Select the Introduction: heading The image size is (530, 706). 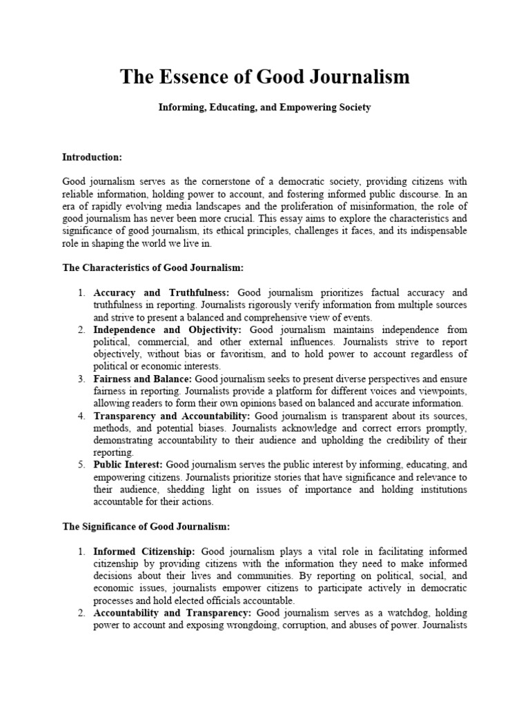tap(92, 157)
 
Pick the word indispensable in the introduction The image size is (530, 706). tap(436, 230)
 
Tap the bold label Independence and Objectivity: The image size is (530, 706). tap(167, 330)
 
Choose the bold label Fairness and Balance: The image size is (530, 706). tap(144, 379)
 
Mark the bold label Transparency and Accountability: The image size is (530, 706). tap(173, 416)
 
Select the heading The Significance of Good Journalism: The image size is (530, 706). tap(146, 527)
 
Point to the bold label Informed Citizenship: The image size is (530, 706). tap(145, 552)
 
